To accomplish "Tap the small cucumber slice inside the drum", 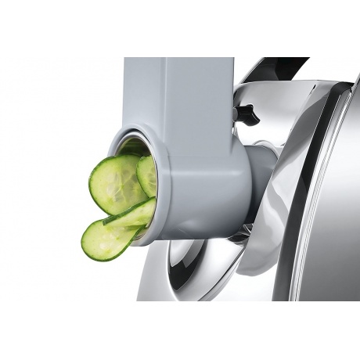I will click(x=147, y=174).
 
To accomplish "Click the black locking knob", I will click(x=247, y=115).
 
